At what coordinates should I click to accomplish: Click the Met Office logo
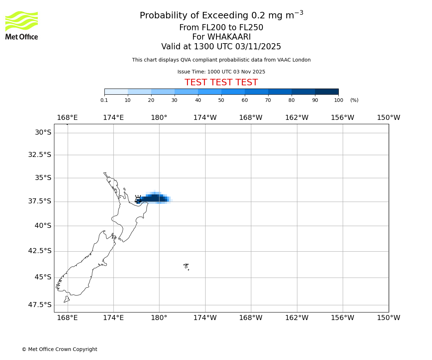[x=22, y=25]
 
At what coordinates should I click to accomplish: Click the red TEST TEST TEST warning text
[x=221, y=83]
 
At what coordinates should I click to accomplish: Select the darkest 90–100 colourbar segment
[x=327, y=91]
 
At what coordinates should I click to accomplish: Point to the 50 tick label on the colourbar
[x=221, y=100]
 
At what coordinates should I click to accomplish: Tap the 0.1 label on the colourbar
[x=104, y=100]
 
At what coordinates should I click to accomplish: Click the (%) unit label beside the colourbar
[x=354, y=100]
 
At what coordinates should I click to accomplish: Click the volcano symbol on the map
[x=138, y=199]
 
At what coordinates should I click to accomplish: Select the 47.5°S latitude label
[x=40, y=305]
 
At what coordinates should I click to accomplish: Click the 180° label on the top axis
[x=159, y=118]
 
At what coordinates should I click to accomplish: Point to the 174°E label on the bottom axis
[x=113, y=318]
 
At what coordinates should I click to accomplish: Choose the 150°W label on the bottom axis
[x=388, y=318]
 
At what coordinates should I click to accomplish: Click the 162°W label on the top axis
[x=297, y=118]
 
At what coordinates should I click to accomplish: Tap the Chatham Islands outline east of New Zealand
[x=186, y=266]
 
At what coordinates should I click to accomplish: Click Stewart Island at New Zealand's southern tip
[x=67, y=299]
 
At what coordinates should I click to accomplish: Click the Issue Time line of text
[x=221, y=72]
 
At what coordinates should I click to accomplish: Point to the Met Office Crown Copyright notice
[x=59, y=349]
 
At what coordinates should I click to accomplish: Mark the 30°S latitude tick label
[x=43, y=132]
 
